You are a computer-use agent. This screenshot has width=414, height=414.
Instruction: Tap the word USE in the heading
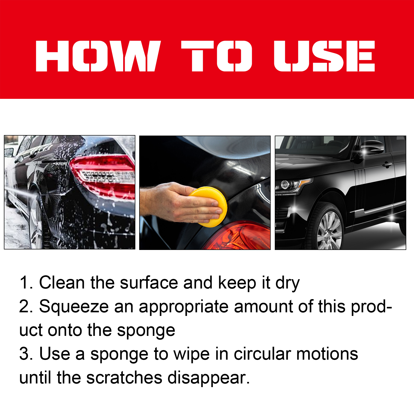(x=324, y=56)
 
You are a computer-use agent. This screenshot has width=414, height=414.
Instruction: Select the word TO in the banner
(x=216, y=56)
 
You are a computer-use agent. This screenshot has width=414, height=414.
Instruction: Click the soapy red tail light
(x=103, y=176)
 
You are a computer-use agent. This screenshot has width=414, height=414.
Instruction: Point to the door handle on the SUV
(x=387, y=164)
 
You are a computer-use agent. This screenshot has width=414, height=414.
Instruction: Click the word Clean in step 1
(x=62, y=283)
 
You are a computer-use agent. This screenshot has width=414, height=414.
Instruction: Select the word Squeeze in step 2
(x=74, y=307)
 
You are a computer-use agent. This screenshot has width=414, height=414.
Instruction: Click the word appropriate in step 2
(x=183, y=307)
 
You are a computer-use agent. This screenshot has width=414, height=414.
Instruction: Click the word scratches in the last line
(x=124, y=378)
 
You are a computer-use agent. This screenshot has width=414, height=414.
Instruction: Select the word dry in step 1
(x=287, y=283)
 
